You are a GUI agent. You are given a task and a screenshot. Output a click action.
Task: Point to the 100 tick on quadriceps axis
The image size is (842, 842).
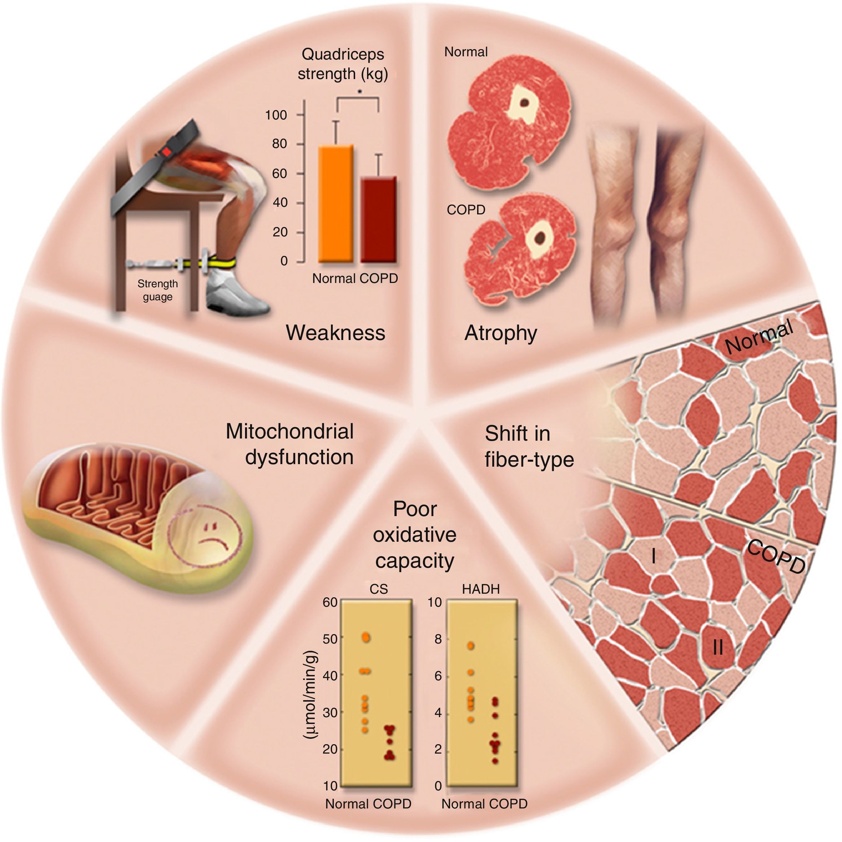276,115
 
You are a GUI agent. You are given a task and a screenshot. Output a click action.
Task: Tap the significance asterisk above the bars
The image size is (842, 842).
359,92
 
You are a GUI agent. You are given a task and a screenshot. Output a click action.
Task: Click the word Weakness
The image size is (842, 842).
336,333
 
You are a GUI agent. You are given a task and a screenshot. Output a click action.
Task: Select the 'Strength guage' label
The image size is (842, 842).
157,290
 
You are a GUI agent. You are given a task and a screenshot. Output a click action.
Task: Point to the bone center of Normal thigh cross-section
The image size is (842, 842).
525,102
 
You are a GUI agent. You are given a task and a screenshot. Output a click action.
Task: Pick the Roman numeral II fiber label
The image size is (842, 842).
718,648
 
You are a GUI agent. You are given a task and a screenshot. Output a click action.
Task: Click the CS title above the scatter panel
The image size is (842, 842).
378,589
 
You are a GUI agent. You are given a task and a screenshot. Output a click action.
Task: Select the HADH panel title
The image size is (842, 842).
481,589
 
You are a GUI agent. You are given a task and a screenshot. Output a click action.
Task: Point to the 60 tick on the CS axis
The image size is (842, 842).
330,602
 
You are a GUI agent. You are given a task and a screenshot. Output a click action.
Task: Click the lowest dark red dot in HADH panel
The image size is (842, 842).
495,761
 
